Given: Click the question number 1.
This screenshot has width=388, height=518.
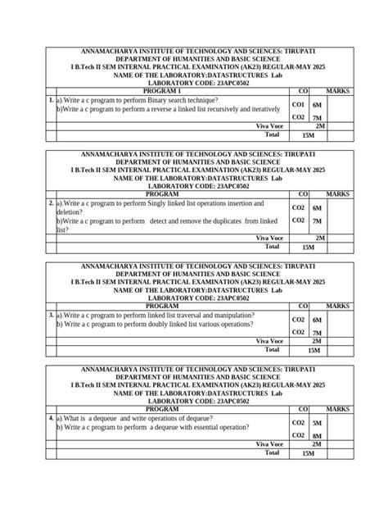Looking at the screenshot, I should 52,99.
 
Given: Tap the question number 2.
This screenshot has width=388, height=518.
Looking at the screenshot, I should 52,202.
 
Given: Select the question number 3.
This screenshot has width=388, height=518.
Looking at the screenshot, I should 52,315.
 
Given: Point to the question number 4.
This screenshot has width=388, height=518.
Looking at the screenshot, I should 52,418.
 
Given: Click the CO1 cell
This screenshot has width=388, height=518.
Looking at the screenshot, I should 299,105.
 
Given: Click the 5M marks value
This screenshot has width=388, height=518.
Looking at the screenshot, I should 318,423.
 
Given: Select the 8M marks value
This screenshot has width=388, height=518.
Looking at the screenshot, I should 318,436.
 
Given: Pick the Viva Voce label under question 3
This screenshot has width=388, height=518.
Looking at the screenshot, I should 269,340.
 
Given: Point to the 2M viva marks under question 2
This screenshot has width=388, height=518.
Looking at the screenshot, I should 320,238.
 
